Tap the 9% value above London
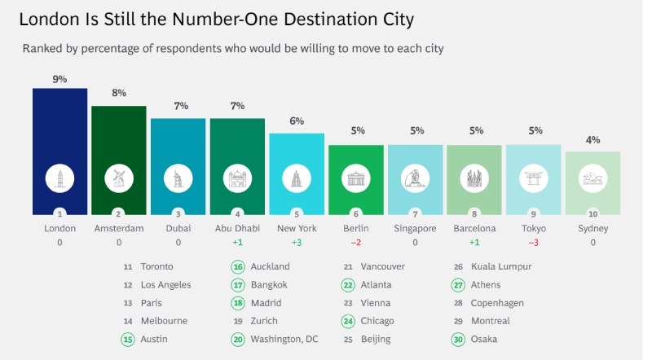[59, 79]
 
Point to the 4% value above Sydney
[593, 140]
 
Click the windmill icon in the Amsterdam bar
[119, 178]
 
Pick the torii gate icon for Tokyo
[534, 178]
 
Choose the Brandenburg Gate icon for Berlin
[355, 178]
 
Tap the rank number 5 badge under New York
[297, 214]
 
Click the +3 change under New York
[297, 243]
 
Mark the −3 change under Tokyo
[534, 243]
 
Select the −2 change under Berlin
[355, 243]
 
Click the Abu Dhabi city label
[237, 229]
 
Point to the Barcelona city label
[474, 229]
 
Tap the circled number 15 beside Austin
[127, 339]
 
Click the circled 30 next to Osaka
[459, 339]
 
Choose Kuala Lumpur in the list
[501, 266]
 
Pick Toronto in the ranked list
[157, 266]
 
